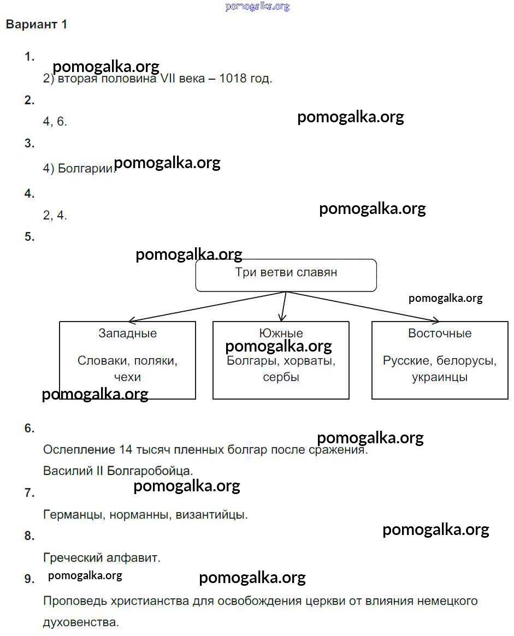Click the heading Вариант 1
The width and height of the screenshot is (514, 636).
[x=36, y=25]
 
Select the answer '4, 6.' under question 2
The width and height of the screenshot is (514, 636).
[x=55, y=122]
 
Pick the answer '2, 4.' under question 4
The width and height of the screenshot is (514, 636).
[x=55, y=215]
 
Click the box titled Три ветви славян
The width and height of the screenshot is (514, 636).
[x=286, y=275]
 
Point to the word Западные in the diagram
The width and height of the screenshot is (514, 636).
[x=127, y=334]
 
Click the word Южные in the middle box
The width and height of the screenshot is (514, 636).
[x=280, y=333]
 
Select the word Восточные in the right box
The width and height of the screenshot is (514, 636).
[x=440, y=334]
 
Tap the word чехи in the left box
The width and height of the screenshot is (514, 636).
[x=127, y=377]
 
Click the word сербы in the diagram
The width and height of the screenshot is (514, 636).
[x=281, y=377]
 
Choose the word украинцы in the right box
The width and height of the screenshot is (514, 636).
[x=440, y=377]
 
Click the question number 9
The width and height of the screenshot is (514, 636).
[x=29, y=579]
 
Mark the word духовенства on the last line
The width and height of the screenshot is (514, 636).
[x=80, y=622]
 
